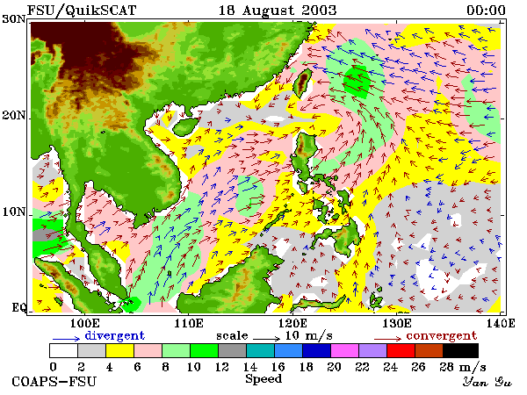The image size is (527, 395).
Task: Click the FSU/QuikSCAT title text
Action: [82, 11]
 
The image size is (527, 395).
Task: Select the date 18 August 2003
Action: [278, 11]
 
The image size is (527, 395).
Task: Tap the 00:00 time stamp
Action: [486, 11]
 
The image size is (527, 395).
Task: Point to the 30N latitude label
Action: [14, 19]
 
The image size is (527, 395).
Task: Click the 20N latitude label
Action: [14, 116]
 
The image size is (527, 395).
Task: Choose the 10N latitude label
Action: [14, 212]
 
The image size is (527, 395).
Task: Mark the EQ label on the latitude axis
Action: [18, 307]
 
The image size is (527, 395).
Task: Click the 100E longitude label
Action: [85, 323]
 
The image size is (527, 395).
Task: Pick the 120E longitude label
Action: [292, 323]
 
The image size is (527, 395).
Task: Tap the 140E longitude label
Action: [500, 323]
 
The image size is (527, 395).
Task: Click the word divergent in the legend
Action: [114, 336]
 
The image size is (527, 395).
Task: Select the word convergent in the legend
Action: [442, 336]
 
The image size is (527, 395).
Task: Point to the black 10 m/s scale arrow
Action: [266, 339]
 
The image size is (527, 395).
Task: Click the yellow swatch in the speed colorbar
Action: [119, 350]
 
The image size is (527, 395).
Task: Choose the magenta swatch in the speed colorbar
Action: [345, 350]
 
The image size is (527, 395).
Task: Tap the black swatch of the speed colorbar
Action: [460, 350]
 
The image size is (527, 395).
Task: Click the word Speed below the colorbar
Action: [263, 379]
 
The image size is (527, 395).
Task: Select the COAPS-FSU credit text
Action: [54, 382]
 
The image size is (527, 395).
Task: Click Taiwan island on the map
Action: [302, 83]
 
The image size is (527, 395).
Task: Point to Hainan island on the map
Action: [185, 126]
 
